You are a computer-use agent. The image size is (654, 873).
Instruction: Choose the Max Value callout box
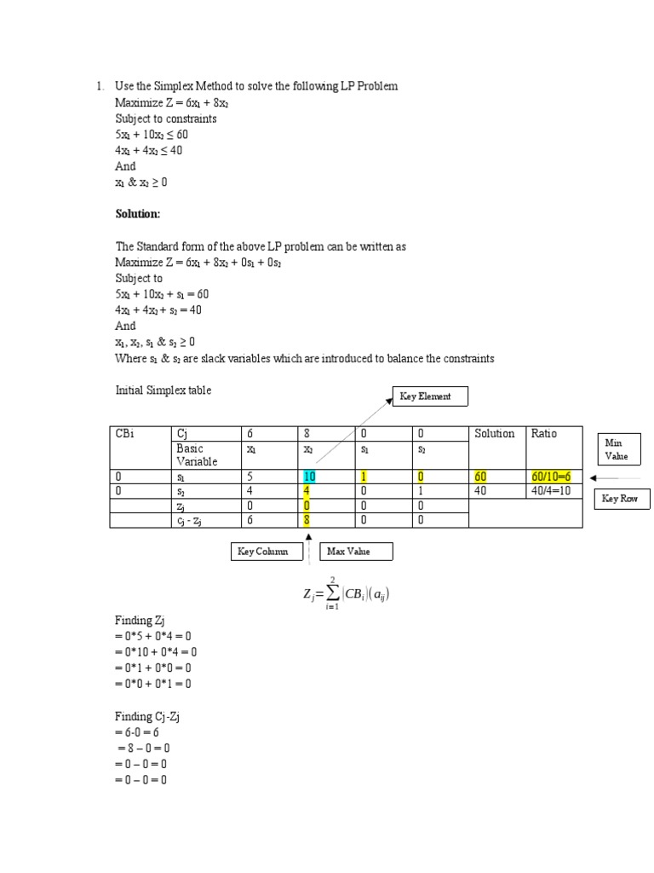click(x=357, y=552)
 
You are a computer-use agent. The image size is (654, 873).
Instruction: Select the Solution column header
click(x=495, y=434)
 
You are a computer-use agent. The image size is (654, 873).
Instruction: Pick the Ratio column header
click(x=544, y=434)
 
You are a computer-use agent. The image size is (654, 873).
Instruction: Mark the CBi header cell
click(x=125, y=434)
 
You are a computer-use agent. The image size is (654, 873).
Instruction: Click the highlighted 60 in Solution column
click(x=481, y=477)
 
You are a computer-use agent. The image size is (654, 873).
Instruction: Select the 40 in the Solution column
click(x=481, y=491)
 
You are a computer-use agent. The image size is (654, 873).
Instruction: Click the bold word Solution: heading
click(x=138, y=214)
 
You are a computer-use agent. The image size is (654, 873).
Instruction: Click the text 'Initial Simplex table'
click(x=163, y=390)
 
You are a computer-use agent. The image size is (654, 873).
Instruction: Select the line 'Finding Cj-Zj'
click(x=147, y=716)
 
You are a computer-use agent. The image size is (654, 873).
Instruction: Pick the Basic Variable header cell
click(x=197, y=454)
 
